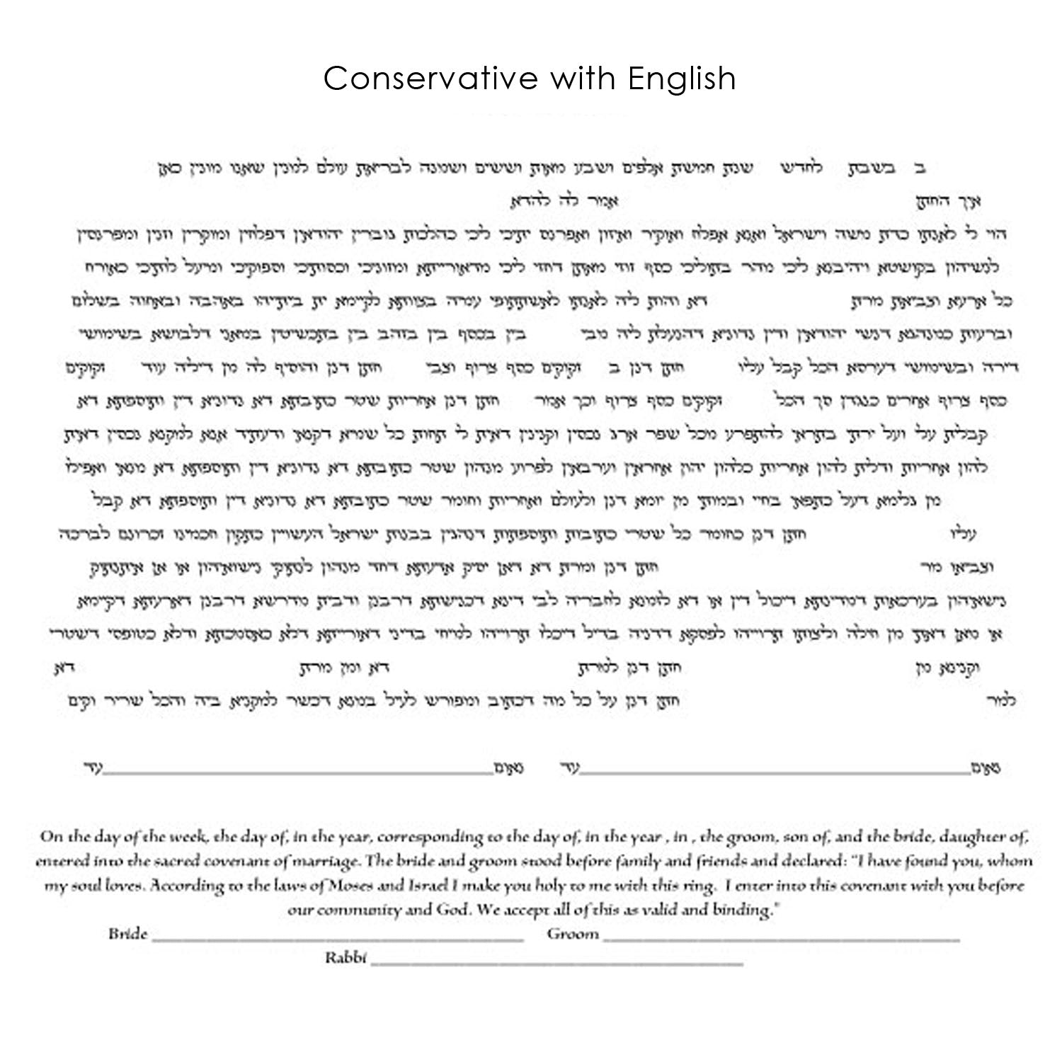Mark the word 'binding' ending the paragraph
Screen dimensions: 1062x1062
(744, 910)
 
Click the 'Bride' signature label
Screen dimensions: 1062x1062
(128, 934)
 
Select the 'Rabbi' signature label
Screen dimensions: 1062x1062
(346, 958)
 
